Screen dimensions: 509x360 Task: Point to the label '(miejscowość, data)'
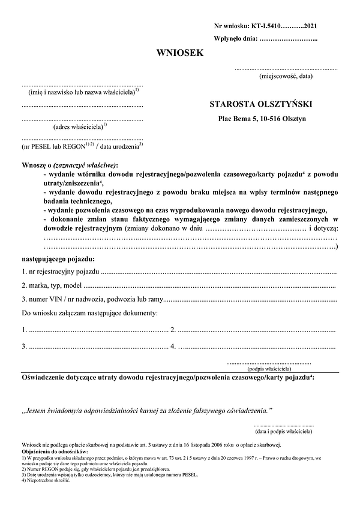286,77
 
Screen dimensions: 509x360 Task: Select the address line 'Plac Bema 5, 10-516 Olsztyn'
262,119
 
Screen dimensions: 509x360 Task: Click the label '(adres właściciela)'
79,127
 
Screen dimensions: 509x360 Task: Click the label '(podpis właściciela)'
269,369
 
